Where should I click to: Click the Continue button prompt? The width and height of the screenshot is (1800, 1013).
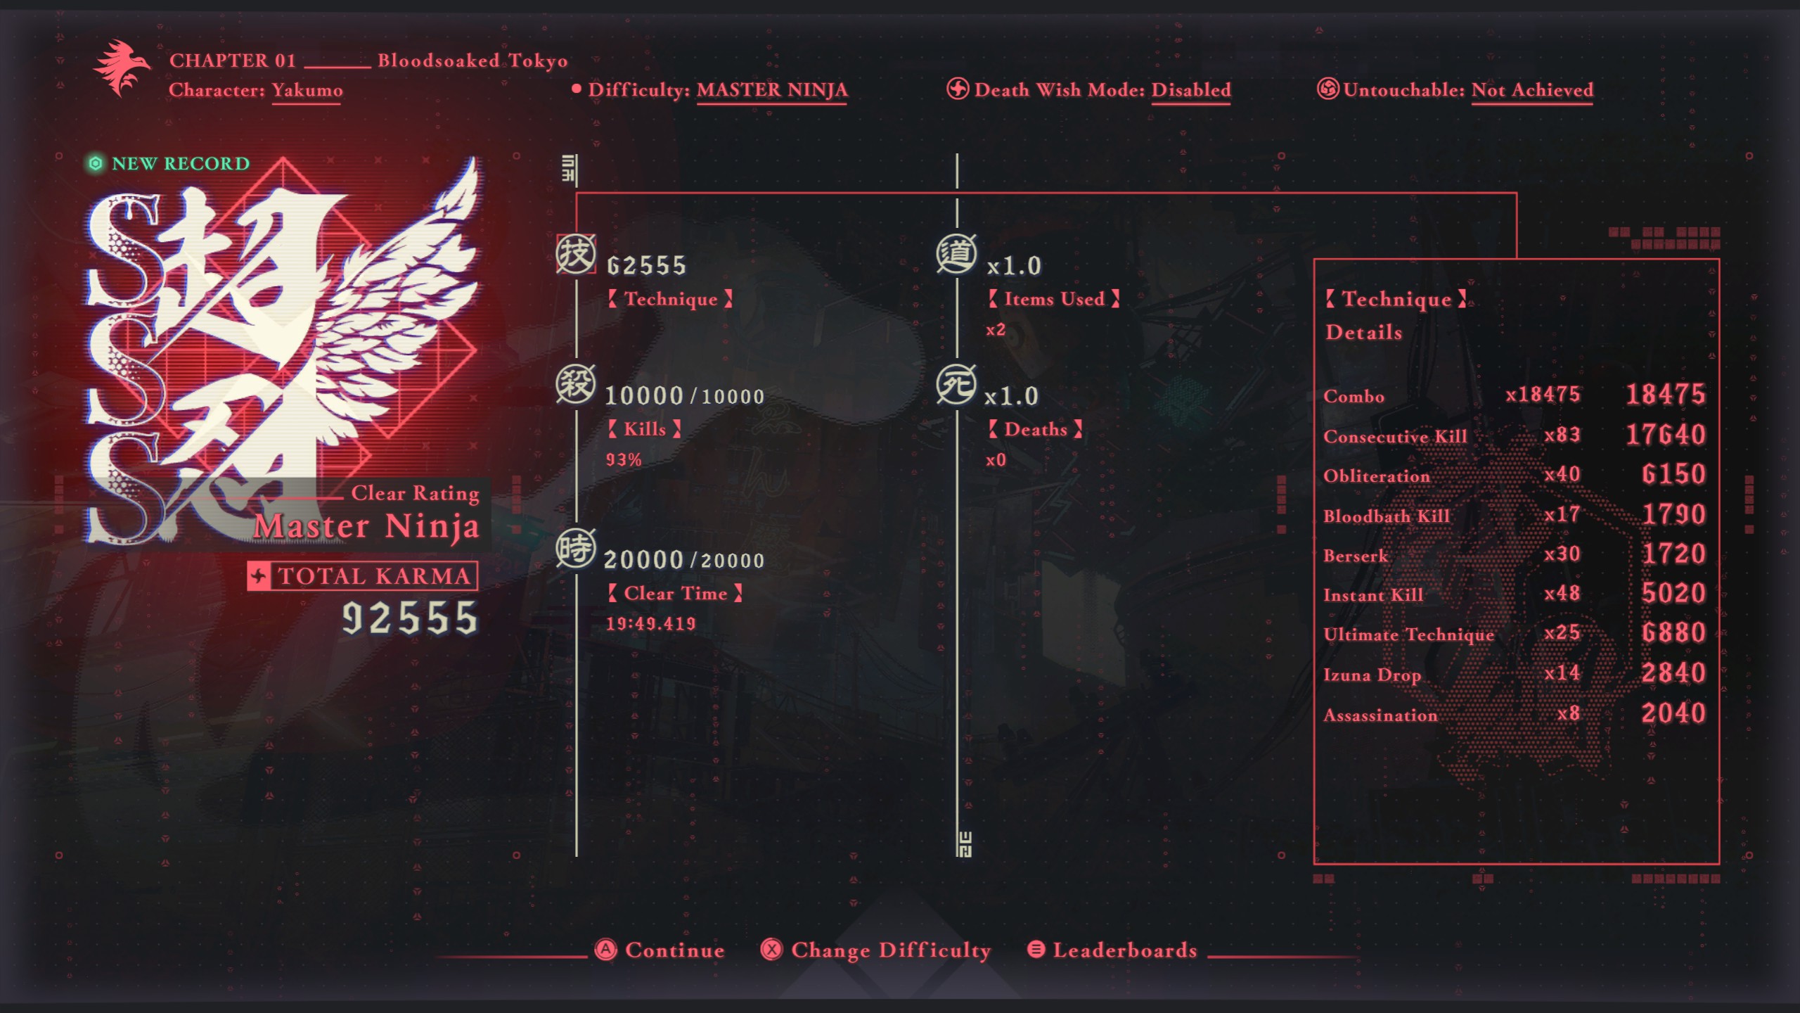tap(660, 950)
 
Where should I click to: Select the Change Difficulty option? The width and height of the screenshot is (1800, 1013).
tap(875, 950)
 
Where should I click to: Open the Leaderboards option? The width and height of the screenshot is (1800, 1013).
tap(1112, 950)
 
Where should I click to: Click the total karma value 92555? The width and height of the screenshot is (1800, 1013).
tap(410, 618)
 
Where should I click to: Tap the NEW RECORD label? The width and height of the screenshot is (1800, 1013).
tap(169, 163)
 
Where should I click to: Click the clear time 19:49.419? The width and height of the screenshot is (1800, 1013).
tap(650, 623)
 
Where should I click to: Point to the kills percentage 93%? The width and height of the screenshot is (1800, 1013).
tap(624, 459)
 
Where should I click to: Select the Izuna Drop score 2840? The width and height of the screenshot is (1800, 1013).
tap(1673, 673)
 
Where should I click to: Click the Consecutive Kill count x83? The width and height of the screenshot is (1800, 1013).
tap(1562, 435)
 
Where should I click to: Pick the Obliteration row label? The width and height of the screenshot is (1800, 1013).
tap(1376, 476)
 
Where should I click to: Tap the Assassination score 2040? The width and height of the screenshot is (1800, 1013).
tap(1673, 713)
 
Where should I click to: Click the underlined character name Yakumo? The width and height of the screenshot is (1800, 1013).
tap(307, 90)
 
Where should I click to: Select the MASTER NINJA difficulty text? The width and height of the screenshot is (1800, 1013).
tap(771, 90)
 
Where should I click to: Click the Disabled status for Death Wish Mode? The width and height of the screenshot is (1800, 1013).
tap(1191, 90)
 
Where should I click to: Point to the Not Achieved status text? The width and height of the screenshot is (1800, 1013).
tap(1532, 90)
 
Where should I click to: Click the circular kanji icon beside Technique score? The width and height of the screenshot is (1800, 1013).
tap(576, 254)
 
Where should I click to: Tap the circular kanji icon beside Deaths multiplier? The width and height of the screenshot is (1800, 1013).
tap(956, 385)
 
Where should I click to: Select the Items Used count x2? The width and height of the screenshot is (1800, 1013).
tap(996, 329)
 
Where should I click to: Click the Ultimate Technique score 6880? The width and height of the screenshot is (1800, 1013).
tap(1673, 633)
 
